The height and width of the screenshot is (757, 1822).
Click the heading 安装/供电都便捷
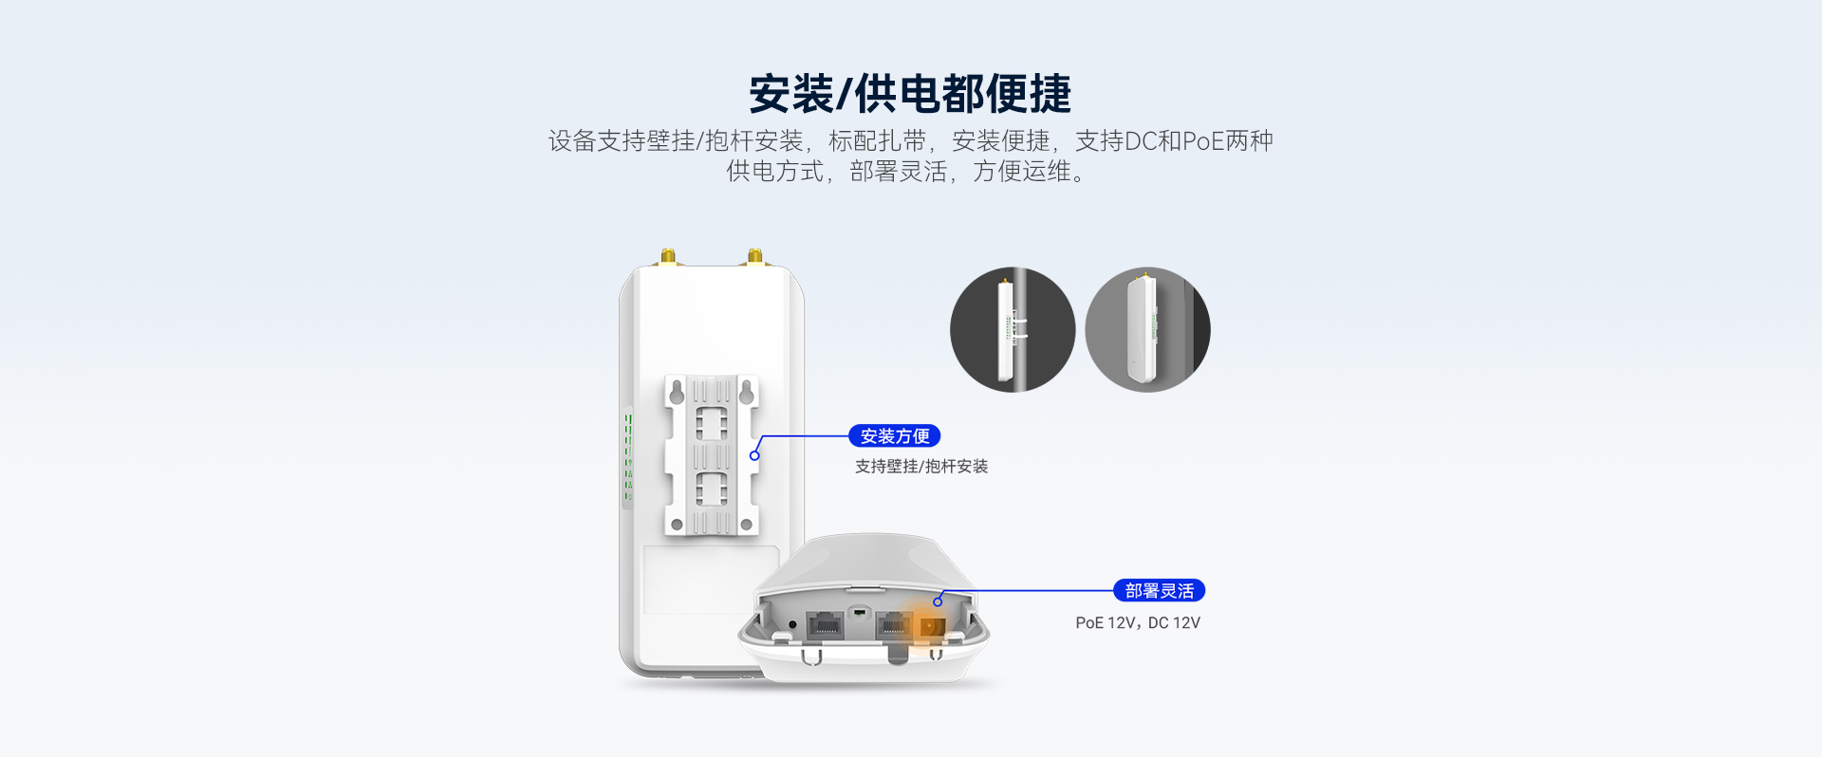coord(910,94)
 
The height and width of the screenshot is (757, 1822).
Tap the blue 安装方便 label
coord(895,436)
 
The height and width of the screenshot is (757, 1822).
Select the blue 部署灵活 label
coord(1159,591)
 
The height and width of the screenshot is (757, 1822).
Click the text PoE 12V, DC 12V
coord(1138,623)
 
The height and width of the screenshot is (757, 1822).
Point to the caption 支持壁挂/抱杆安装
coord(921,467)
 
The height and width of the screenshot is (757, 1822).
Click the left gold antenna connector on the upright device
coord(668,257)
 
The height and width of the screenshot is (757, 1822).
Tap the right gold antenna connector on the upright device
coord(755,257)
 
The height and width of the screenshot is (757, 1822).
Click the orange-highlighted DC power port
coord(929,627)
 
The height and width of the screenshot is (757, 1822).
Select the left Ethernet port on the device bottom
coord(825,625)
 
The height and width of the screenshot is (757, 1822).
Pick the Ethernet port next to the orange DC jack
coord(893,624)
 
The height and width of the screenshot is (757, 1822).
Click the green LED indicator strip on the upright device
coord(628,456)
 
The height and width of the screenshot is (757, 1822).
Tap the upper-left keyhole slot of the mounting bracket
coord(676,391)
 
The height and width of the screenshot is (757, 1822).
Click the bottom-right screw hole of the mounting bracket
coord(747,524)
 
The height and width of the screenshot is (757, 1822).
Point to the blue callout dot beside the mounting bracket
coord(754,455)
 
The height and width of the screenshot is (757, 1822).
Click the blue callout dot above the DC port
coord(938,601)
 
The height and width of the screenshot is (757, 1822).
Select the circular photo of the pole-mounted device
coord(1013,329)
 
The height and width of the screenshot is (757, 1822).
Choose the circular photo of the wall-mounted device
coord(1147,329)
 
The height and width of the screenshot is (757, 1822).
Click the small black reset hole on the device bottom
coord(792,624)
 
